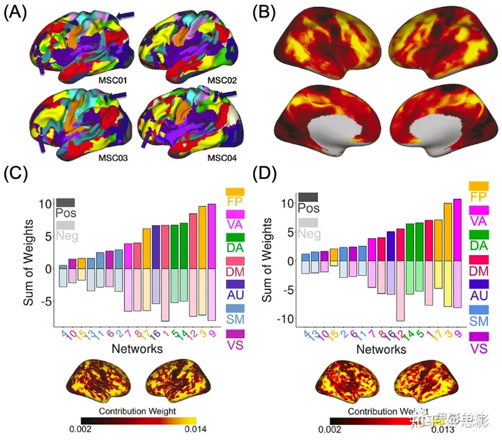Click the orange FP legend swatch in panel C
click(235, 191)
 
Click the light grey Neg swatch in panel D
click(307, 222)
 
